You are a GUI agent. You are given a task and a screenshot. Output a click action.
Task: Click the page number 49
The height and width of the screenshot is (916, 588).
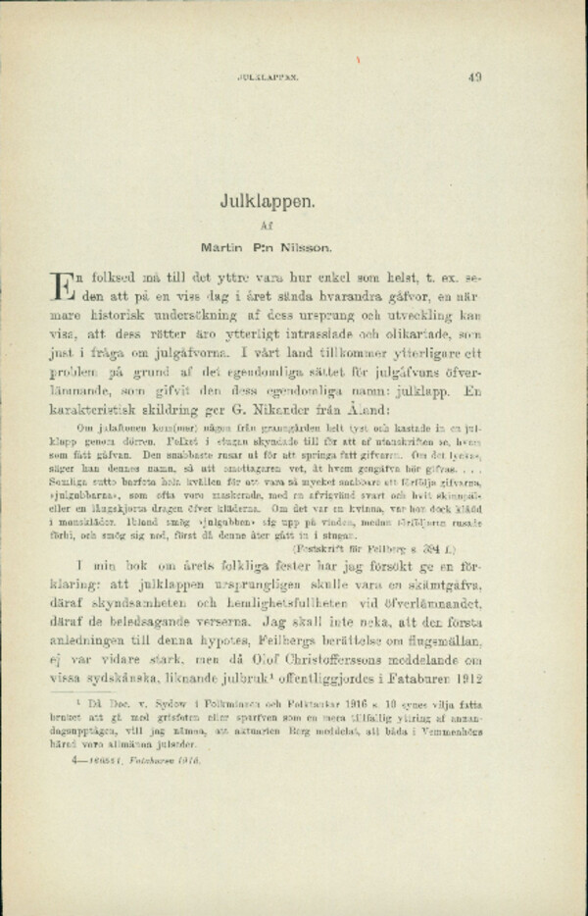click(474, 75)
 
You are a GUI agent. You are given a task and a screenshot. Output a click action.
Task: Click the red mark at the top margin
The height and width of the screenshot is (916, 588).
click(360, 58)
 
